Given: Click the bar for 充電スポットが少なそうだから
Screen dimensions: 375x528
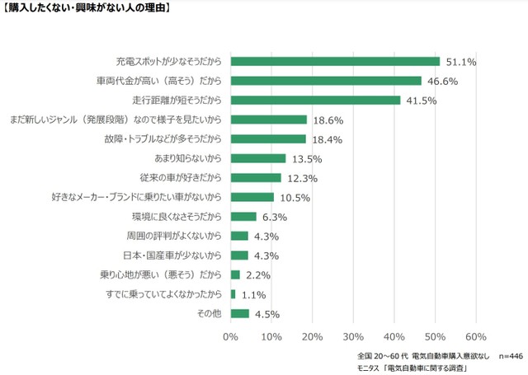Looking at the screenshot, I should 335,61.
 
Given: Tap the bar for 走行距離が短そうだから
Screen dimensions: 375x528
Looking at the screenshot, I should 315,100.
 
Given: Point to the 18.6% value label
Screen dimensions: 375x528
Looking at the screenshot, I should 326,120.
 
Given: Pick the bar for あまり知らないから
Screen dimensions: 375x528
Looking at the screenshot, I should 258,158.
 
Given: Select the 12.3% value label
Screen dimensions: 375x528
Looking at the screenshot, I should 300,177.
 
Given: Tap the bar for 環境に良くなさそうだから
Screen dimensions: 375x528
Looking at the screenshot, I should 243,216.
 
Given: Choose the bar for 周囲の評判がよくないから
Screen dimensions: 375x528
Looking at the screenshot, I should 239,236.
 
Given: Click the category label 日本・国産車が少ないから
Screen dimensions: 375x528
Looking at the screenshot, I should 175,255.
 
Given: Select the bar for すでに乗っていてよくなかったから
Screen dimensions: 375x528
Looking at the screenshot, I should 233,293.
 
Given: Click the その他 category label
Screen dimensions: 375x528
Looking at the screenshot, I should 209,313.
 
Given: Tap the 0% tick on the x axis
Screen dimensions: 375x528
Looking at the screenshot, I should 230,336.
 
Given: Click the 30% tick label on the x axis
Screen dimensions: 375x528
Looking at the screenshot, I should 353,336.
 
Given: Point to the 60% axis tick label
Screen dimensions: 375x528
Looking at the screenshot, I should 475,336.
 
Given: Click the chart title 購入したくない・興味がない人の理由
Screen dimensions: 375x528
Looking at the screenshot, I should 87,9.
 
